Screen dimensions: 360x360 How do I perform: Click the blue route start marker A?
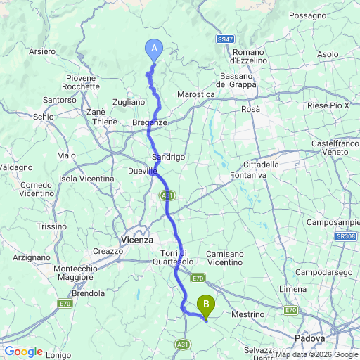[x=154, y=48]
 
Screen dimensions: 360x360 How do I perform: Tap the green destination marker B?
[x=206, y=304]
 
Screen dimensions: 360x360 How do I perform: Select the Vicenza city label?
[x=136, y=239]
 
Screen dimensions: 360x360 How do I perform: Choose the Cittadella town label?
[x=262, y=164]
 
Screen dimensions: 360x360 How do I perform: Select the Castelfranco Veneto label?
[x=335, y=147]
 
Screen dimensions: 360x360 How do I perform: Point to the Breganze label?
[x=150, y=122]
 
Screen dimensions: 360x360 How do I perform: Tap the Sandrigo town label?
[x=169, y=157]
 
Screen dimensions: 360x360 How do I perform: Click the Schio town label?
[x=43, y=117]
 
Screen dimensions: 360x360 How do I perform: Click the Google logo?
[x=23, y=352]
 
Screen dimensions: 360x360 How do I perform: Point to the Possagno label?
[x=307, y=15]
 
